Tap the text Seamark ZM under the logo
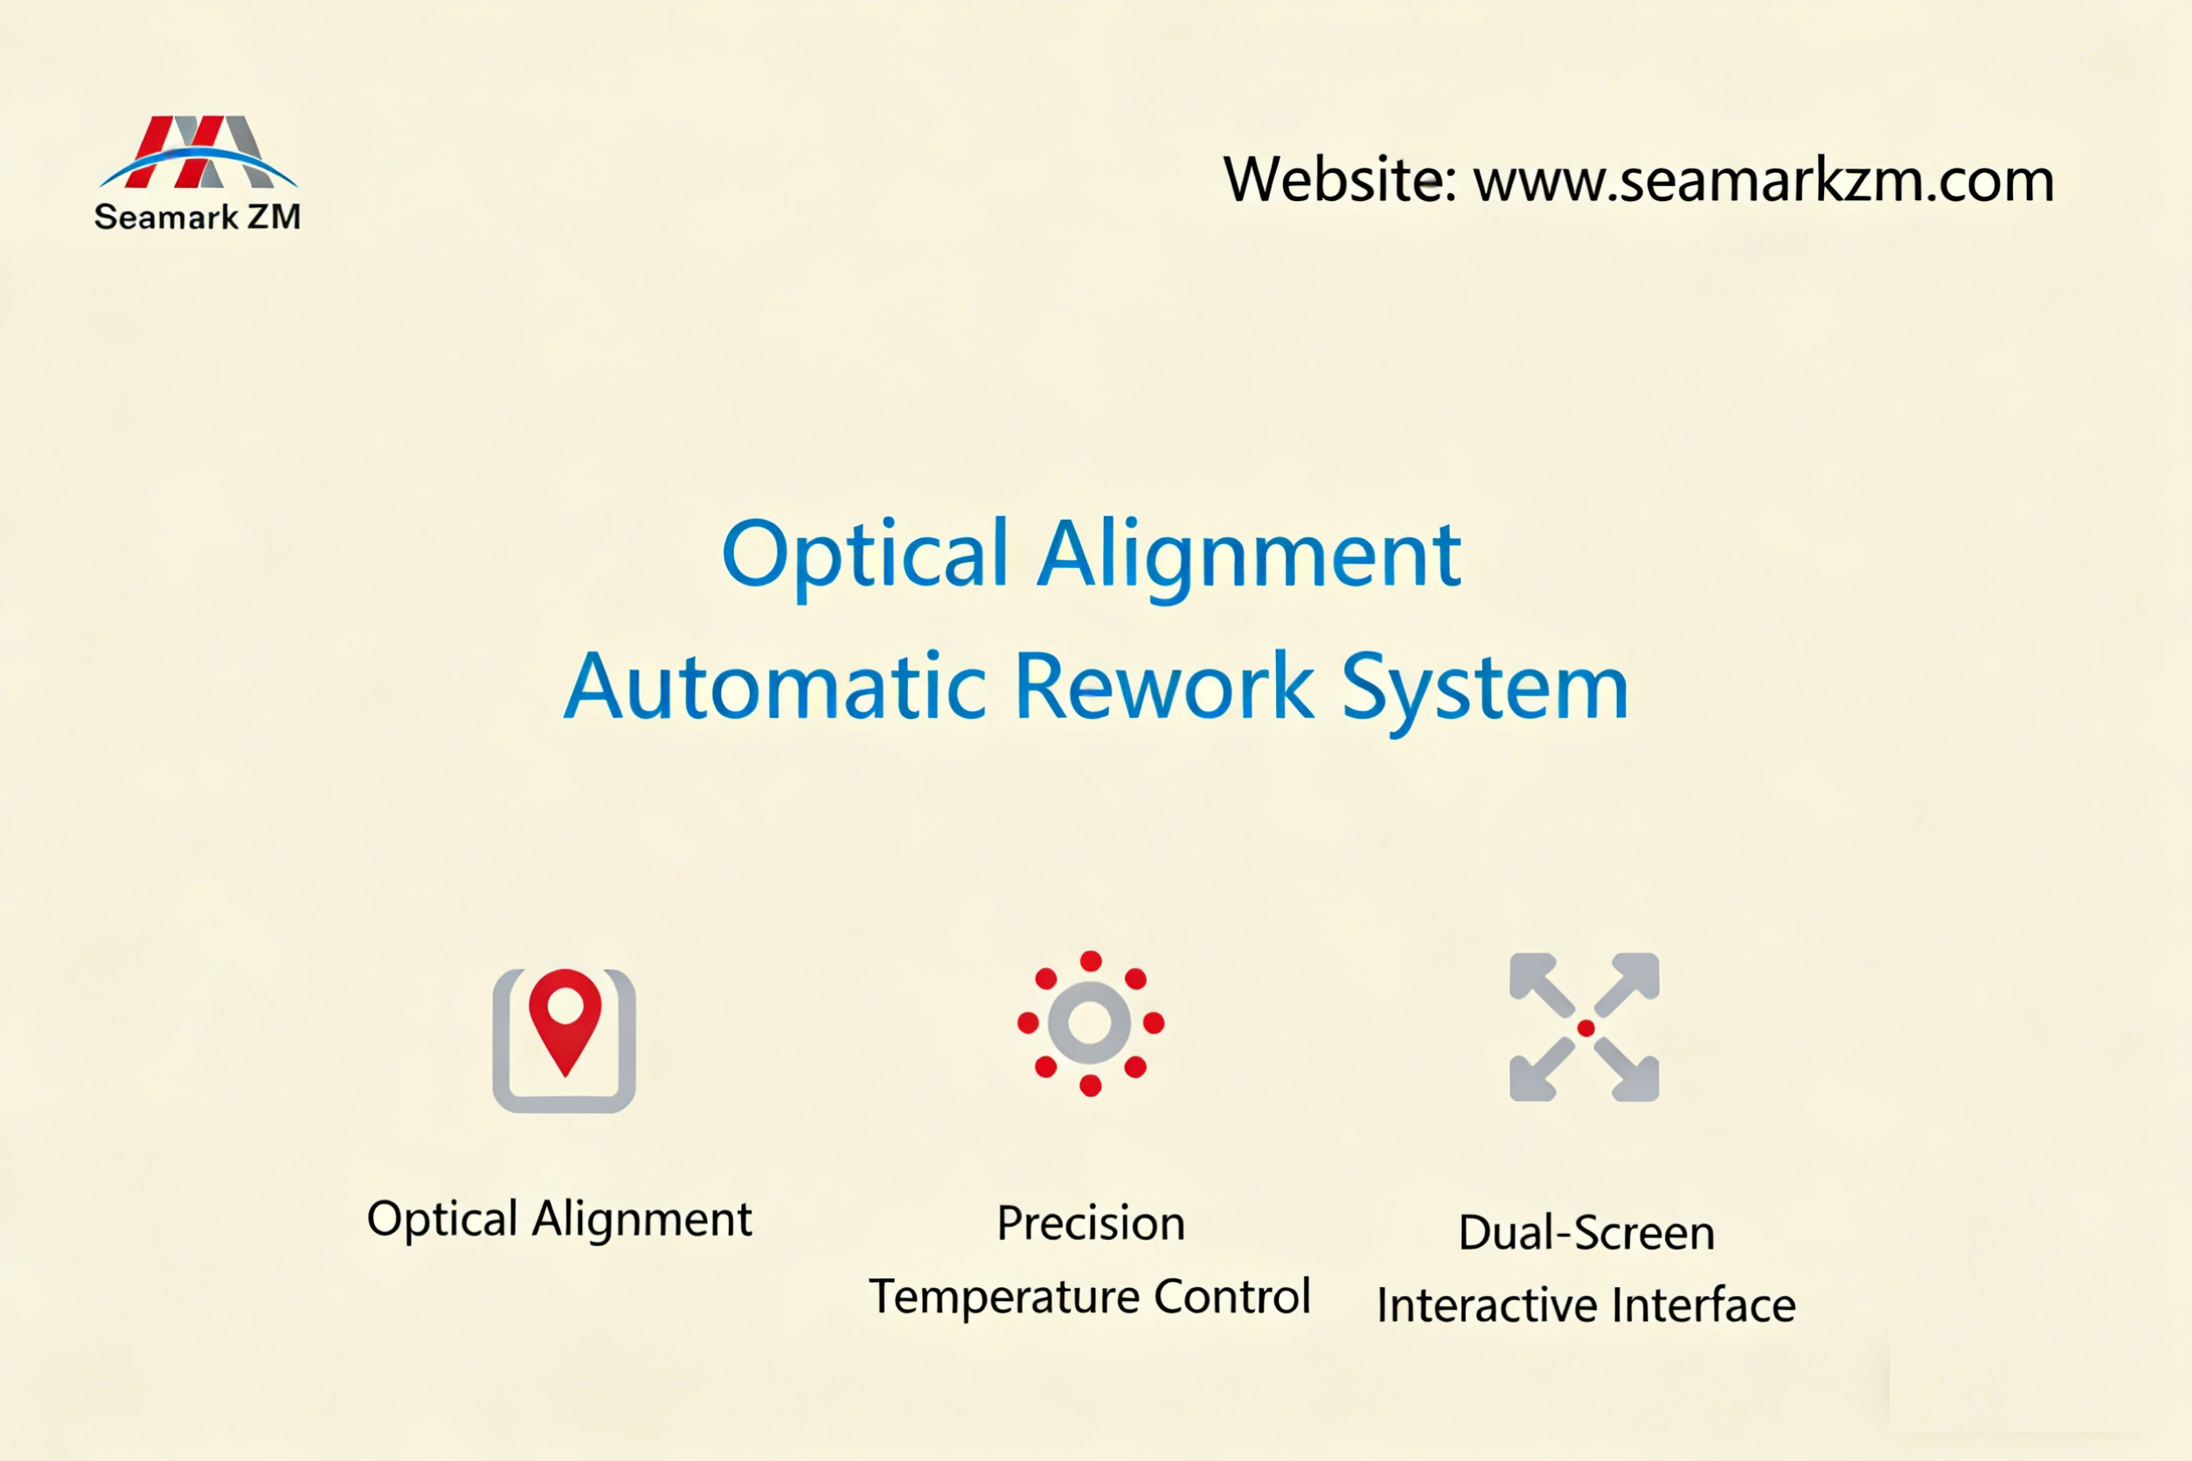[198, 217]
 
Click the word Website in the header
[1340, 179]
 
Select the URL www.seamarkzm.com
[1763, 180]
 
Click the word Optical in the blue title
[865, 556]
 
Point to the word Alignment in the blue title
[1249, 557]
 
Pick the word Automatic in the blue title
[774, 688]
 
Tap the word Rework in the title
[1164, 688]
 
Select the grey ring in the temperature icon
[1090, 1023]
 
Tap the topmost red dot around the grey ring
[1091, 961]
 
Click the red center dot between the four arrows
[1585, 1028]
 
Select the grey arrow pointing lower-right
[1630, 1072]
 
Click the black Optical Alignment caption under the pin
[559, 1219]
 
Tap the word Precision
[1091, 1223]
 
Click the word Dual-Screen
[1586, 1233]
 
